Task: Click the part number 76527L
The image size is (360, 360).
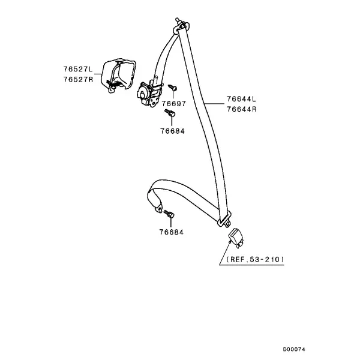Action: click(x=78, y=69)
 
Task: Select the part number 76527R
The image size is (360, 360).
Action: click(x=78, y=79)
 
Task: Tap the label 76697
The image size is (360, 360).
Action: click(x=174, y=104)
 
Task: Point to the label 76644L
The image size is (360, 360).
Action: click(x=241, y=99)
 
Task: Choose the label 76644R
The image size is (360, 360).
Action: click(x=242, y=109)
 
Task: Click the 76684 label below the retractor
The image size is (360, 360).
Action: click(x=172, y=131)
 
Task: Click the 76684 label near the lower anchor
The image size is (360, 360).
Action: click(x=172, y=232)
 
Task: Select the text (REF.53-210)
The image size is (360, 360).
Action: click(x=256, y=259)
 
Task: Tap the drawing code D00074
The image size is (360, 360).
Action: click(x=294, y=349)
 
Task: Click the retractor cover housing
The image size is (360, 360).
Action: click(x=118, y=76)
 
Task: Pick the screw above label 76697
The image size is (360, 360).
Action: click(x=173, y=88)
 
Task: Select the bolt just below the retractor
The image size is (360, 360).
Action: click(x=170, y=113)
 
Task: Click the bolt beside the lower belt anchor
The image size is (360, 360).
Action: click(x=169, y=214)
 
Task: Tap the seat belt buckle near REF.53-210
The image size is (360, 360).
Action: click(x=236, y=238)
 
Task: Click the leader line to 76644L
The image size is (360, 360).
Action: click(x=214, y=104)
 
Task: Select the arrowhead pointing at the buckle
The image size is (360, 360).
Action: click(x=230, y=241)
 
